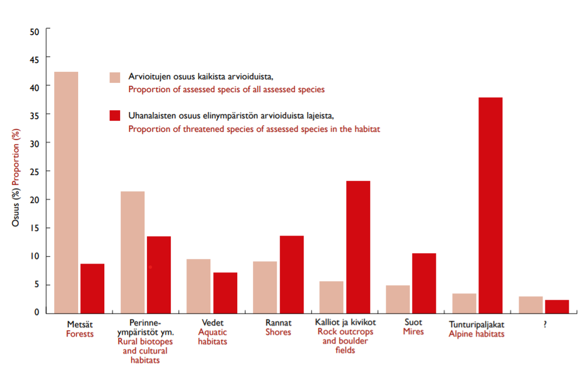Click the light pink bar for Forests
click(66, 192)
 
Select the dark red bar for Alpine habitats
click(490, 205)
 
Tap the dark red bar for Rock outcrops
click(358, 247)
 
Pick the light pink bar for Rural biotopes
click(132, 252)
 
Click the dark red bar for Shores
click(291, 274)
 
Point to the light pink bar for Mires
click(397, 299)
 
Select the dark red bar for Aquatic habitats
click(225, 292)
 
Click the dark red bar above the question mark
click(557, 306)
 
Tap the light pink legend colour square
click(115, 78)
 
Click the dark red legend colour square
click(115, 115)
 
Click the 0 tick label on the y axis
click(36, 313)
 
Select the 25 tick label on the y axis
click(34, 171)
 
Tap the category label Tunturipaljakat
click(476, 323)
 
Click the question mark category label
click(544, 323)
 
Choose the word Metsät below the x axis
click(79, 323)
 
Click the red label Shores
click(278, 332)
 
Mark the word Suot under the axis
click(413, 322)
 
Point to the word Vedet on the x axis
click(212, 322)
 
